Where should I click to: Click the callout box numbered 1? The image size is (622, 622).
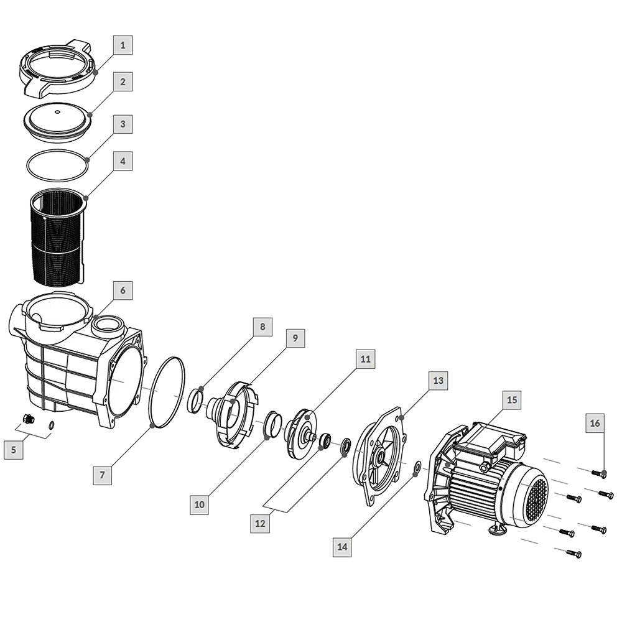click(123, 45)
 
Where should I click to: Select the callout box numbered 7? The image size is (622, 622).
click(103, 475)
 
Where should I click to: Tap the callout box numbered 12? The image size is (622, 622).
click(260, 523)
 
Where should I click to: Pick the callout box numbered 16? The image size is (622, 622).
click(595, 423)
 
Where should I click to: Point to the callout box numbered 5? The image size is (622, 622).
click(14, 450)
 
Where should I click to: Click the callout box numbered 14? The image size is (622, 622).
click(342, 547)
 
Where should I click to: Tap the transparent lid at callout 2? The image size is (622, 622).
click(57, 121)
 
